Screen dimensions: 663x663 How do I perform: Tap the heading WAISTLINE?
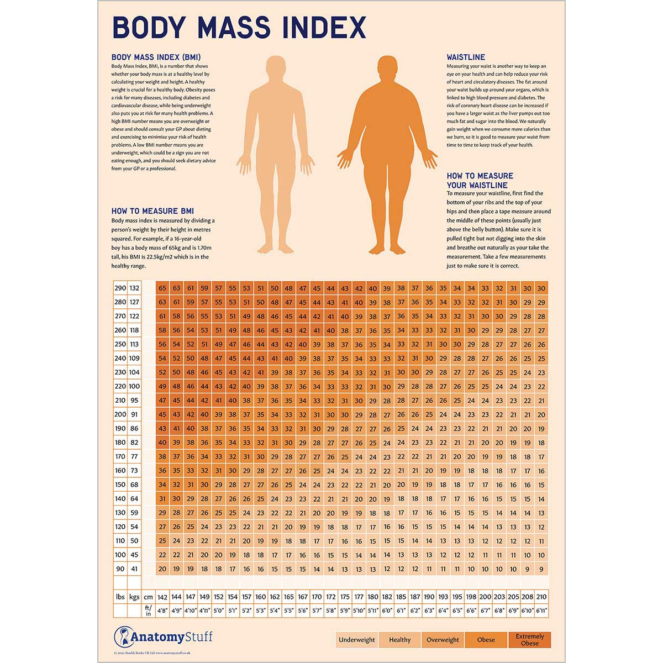(x=466, y=57)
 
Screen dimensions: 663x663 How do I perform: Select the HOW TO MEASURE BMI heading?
(x=152, y=211)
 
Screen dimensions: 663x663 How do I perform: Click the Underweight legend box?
(x=356, y=640)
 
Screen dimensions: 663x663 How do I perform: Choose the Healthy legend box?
(x=399, y=640)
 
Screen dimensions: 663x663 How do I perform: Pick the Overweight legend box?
(x=443, y=640)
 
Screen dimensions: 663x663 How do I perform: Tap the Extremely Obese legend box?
(x=529, y=640)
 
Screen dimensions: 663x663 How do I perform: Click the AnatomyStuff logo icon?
(x=122, y=637)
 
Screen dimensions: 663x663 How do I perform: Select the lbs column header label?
(x=120, y=597)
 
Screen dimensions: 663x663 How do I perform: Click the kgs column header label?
(x=134, y=597)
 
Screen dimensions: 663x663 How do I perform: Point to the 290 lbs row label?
(x=120, y=288)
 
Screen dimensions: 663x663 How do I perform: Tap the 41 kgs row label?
(x=134, y=569)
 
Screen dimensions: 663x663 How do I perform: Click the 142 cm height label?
(x=162, y=597)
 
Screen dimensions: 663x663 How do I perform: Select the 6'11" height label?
(x=541, y=611)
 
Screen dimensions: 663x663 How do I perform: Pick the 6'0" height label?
(x=387, y=611)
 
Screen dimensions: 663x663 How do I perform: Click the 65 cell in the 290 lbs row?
(x=162, y=288)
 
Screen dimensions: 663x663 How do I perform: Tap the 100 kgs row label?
(x=134, y=386)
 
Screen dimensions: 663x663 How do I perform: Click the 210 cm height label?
(x=541, y=597)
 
